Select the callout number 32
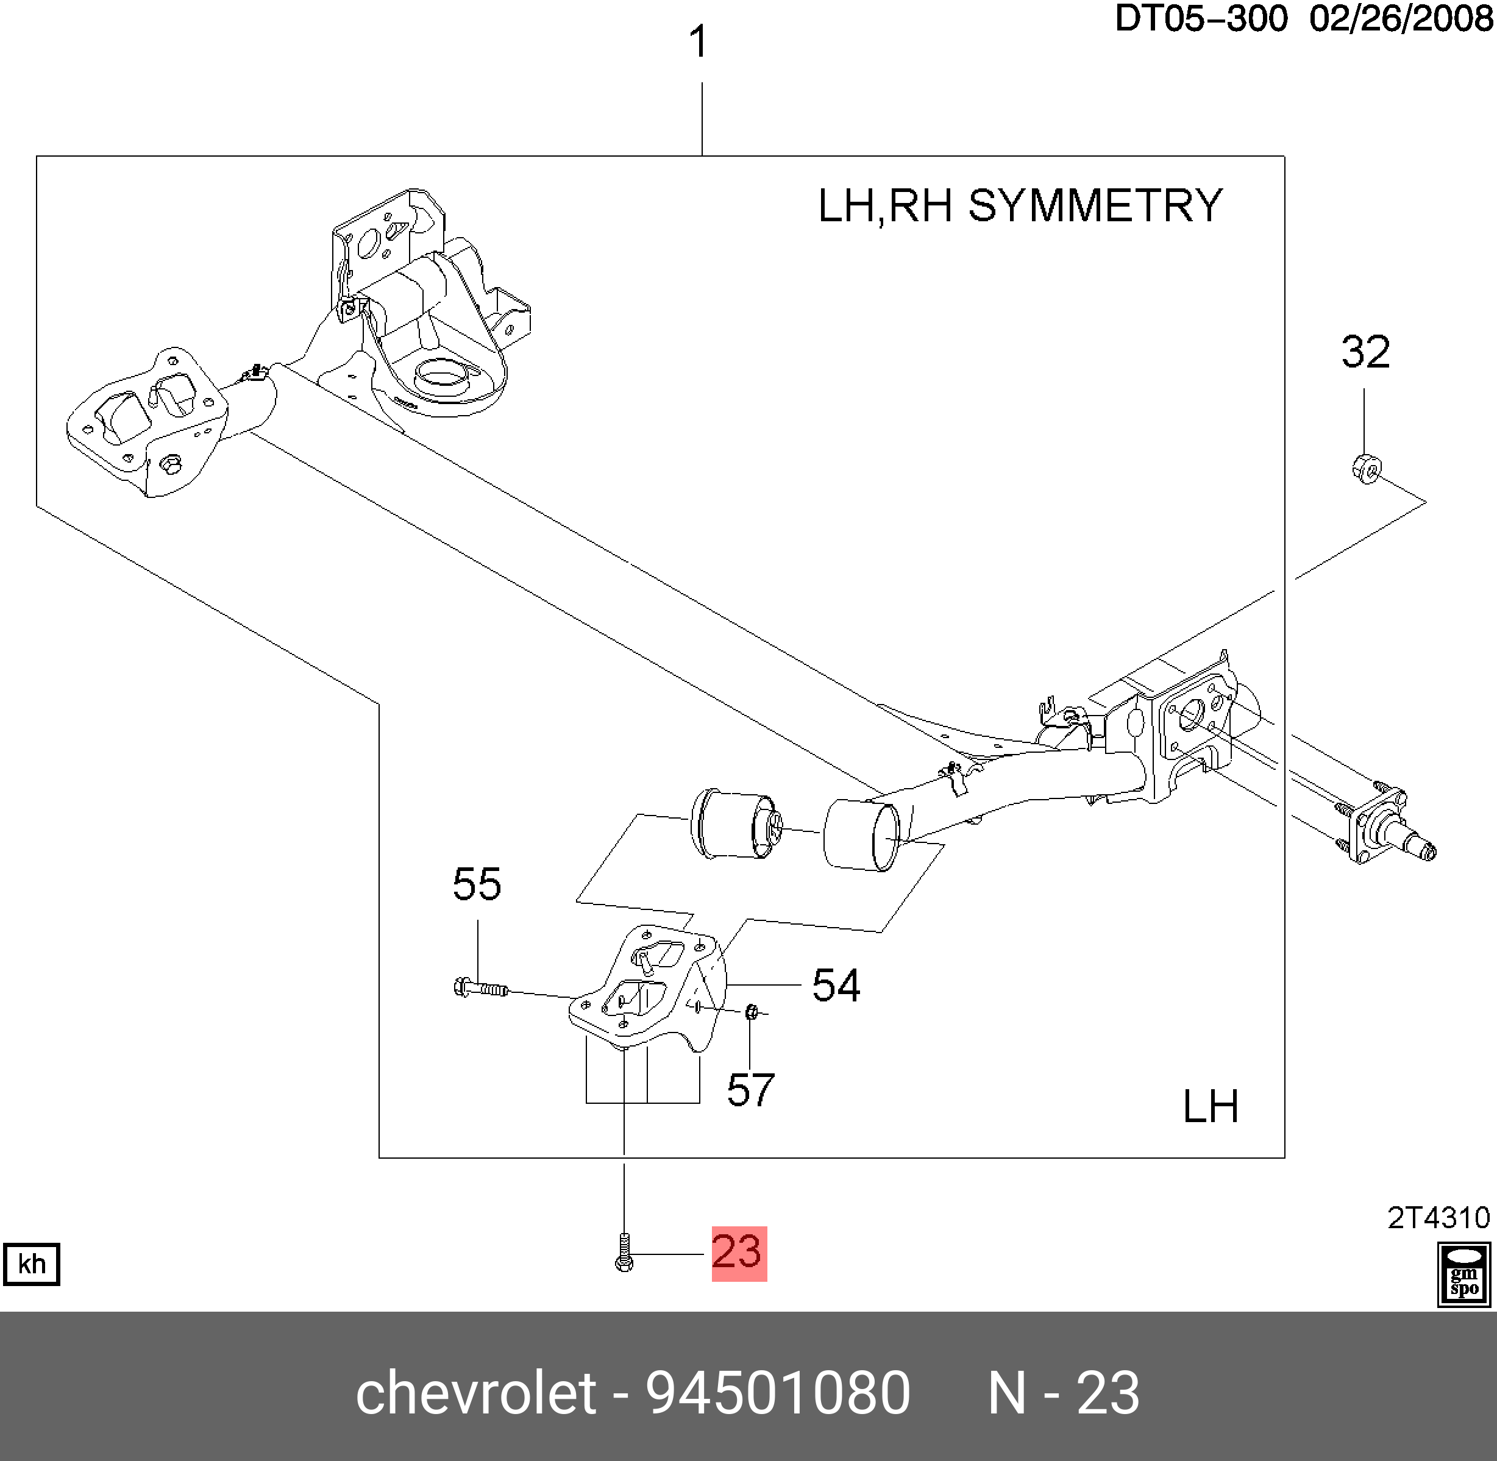(x=1365, y=353)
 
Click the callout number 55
(x=477, y=885)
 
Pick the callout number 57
(x=750, y=1090)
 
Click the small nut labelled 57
(x=752, y=1014)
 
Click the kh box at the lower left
(x=32, y=1263)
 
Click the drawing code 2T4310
(x=1438, y=1218)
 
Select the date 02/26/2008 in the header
(x=1401, y=19)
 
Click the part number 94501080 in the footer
(x=777, y=1393)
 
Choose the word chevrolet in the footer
(x=475, y=1393)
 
